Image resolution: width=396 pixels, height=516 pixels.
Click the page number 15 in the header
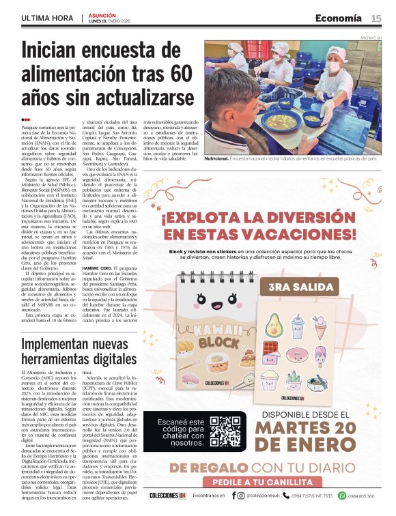pos(376,18)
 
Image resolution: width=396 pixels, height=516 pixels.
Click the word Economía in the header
pos(339,18)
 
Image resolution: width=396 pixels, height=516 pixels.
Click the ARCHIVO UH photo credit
pos(369,38)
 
